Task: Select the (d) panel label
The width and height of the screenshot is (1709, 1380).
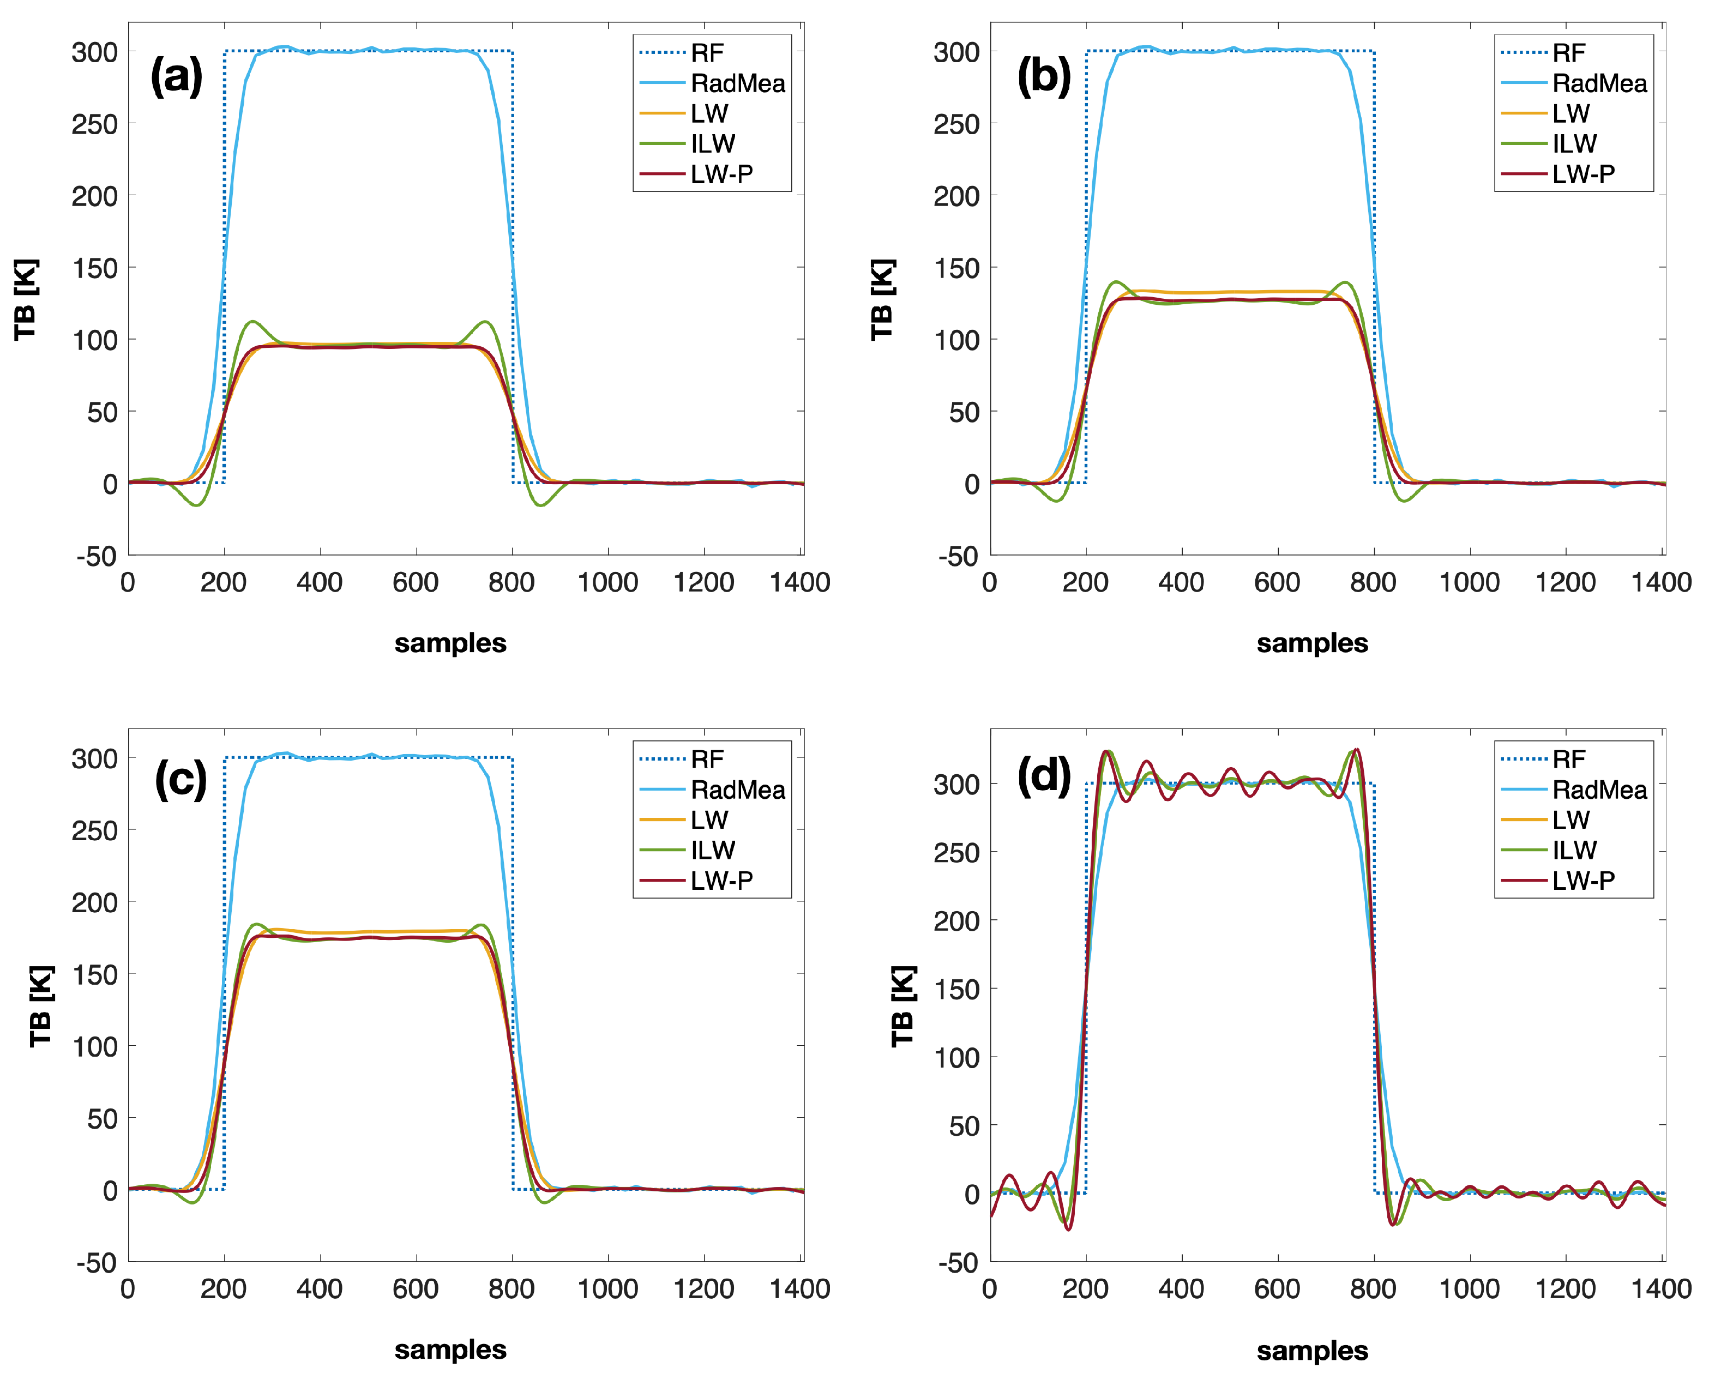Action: [1044, 776]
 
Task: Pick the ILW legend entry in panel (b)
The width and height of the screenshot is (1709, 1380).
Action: [1574, 144]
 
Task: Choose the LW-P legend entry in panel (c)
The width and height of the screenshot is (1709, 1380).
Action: [721, 880]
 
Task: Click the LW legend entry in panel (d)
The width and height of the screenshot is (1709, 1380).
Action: [1570, 819]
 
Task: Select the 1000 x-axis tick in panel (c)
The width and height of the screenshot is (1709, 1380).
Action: [607, 1288]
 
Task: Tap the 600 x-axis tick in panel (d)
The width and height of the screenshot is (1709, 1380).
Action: [1277, 1288]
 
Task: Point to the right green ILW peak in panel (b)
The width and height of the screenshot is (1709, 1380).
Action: [1344, 283]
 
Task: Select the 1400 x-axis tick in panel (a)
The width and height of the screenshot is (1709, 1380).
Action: [799, 583]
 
